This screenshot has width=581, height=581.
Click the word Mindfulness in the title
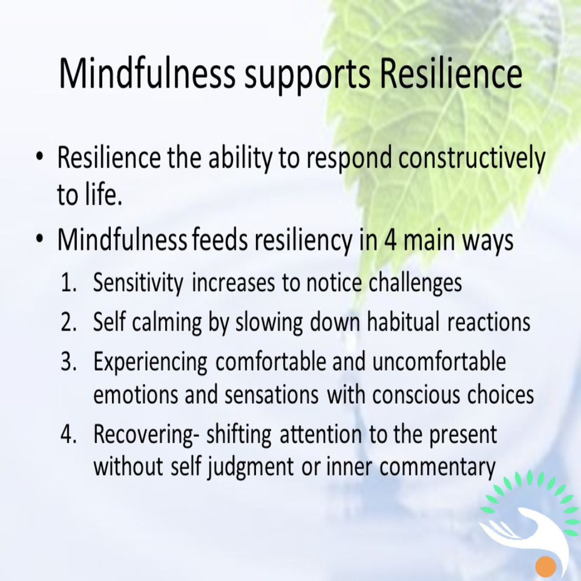147,73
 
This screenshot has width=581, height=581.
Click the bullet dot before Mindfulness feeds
39,240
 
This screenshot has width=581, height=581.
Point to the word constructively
471,158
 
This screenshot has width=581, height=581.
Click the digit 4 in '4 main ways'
390,240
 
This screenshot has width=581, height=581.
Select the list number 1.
68,283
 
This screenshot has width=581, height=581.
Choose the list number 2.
68,322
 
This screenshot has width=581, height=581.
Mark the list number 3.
68,362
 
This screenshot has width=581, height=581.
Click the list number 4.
68,434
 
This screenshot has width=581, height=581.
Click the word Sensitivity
138,284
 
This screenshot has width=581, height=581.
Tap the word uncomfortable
439,361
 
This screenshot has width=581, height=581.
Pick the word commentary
437,468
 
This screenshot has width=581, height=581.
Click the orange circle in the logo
546,567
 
